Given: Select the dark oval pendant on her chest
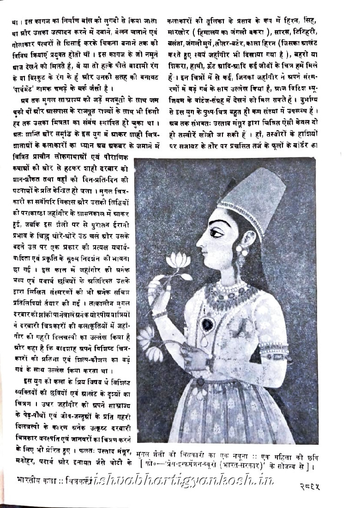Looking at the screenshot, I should click(208, 325).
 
